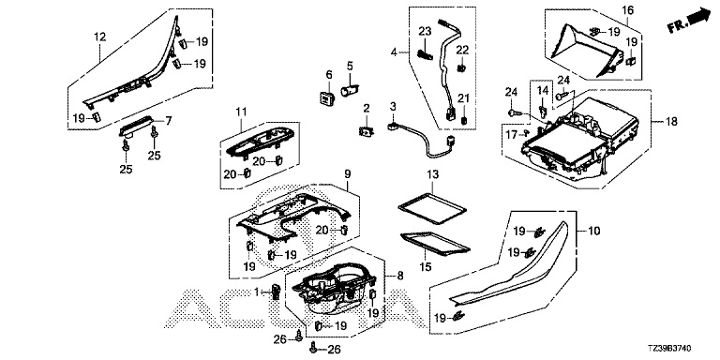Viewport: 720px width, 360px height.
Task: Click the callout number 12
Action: (x=99, y=37)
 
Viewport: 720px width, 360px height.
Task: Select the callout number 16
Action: (x=628, y=9)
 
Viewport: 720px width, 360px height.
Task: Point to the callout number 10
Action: (x=593, y=231)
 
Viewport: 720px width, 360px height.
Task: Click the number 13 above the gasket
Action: (x=432, y=175)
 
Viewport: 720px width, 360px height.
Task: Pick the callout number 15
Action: (x=426, y=266)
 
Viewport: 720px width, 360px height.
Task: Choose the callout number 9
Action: (x=347, y=174)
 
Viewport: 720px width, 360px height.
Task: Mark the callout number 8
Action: (x=400, y=276)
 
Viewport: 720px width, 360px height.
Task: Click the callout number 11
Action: (x=242, y=112)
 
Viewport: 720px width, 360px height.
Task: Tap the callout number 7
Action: (x=169, y=121)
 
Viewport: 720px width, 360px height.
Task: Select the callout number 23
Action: (x=426, y=32)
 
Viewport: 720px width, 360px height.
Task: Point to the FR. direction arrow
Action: (x=689, y=22)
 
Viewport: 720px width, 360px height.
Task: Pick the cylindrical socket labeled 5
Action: (x=349, y=89)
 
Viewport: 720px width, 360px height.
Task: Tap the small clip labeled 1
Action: (x=276, y=292)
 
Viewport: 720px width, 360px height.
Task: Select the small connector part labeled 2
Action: (x=367, y=132)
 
